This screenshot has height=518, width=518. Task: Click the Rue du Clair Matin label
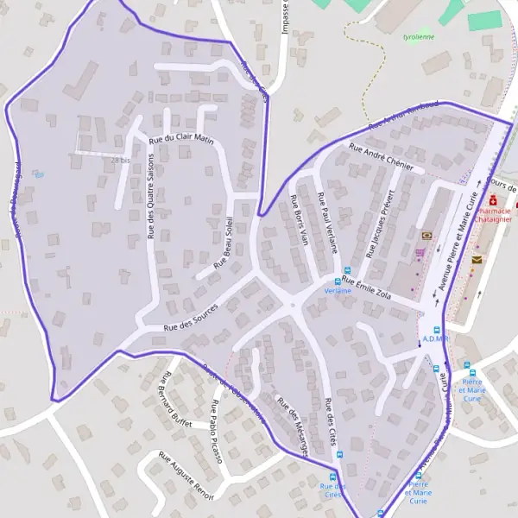pyautogui.click(x=181, y=138)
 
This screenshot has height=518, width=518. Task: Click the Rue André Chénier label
pyautogui.click(x=381, y=156)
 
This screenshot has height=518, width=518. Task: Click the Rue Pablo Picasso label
pyautogui.click(x=217, y=432)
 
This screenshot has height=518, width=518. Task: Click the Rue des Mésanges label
pyautogui.click(x=292, y=426)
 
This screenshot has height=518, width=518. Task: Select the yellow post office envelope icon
pyautogui.click(x=477, y=258)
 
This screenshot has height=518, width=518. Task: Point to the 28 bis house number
pyautogui.click(x=120, y=161)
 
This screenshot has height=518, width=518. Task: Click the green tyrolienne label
pyautogui.click(x=419, y=37)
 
